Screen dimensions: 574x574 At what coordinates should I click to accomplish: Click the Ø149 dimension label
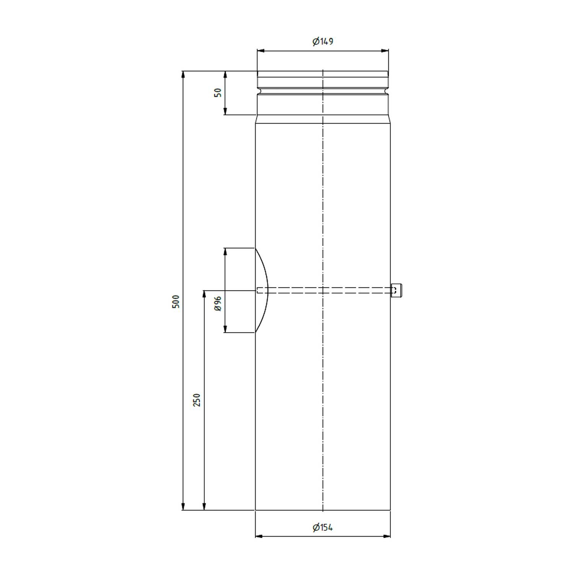pos(323,41)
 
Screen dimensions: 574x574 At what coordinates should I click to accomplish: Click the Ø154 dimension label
pos(323,528)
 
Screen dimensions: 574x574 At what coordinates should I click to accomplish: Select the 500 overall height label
pos(176,302)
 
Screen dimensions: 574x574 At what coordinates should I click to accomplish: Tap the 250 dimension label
pos(197,400)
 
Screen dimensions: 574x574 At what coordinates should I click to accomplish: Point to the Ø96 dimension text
pos(218,303)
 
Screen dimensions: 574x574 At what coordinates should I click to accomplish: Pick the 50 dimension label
pos(218,93)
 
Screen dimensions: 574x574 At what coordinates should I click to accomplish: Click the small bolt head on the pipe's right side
pos(397,290)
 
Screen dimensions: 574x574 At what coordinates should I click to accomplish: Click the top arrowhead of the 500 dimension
pos(183,74)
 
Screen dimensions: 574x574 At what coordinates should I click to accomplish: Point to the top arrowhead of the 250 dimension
pos(204,294)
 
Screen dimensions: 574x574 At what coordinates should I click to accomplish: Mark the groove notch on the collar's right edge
pos(387,91)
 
